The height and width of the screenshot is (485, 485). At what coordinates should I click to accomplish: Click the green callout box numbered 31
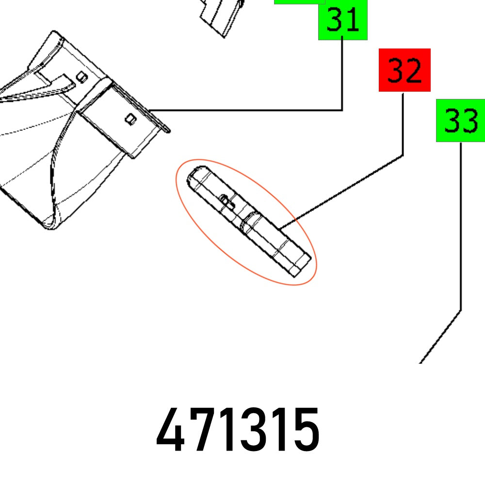pos(343,22)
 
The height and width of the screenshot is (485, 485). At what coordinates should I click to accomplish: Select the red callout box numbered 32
pos(404,70)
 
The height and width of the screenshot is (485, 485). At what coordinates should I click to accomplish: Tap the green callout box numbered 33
pos(460,120)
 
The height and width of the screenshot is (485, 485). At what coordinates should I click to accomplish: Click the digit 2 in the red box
pos(413,71)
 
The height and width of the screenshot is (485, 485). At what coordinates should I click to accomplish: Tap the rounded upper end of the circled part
pos(197,175)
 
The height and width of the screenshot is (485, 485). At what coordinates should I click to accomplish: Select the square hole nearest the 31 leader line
pos(130,118)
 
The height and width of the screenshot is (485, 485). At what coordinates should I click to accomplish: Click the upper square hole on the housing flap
pos(82,77)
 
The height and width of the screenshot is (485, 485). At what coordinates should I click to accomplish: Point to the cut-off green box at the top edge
pos(299,2)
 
